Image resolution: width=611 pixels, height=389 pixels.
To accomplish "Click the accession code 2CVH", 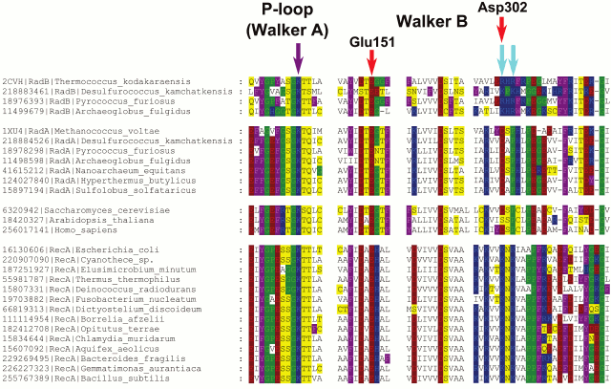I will coord(13,81).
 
